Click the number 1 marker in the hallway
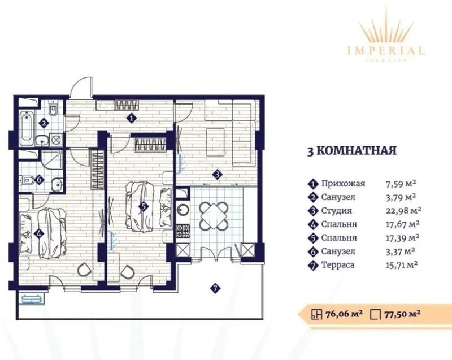132,118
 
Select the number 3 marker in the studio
217,175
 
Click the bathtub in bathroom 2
27,129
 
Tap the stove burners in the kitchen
183,231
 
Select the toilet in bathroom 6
27,180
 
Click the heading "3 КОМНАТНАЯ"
351,150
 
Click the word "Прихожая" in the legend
343,183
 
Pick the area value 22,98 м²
403,210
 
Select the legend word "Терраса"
337,264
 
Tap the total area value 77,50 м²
402,314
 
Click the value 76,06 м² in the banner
344,314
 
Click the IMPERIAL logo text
386,51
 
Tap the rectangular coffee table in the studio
215,141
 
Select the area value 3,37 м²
400,251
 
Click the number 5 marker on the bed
143,206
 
